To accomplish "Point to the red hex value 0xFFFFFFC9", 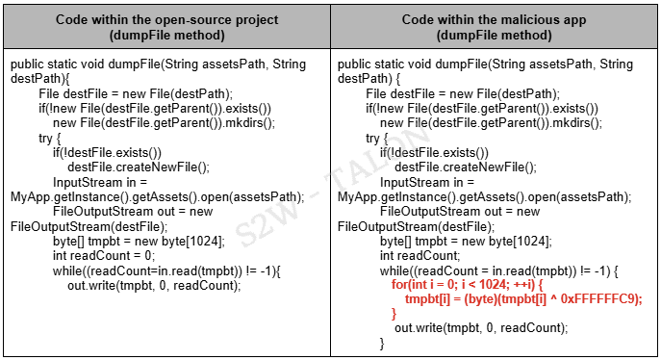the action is tap(601, 299).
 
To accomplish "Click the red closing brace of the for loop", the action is tap(394, 314).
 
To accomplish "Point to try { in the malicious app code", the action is tap(378, 138).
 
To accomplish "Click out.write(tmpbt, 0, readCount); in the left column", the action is tap(153, 284).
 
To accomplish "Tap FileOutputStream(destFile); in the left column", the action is tap(78, 226).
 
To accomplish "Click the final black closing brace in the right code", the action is tap(382, 343).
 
